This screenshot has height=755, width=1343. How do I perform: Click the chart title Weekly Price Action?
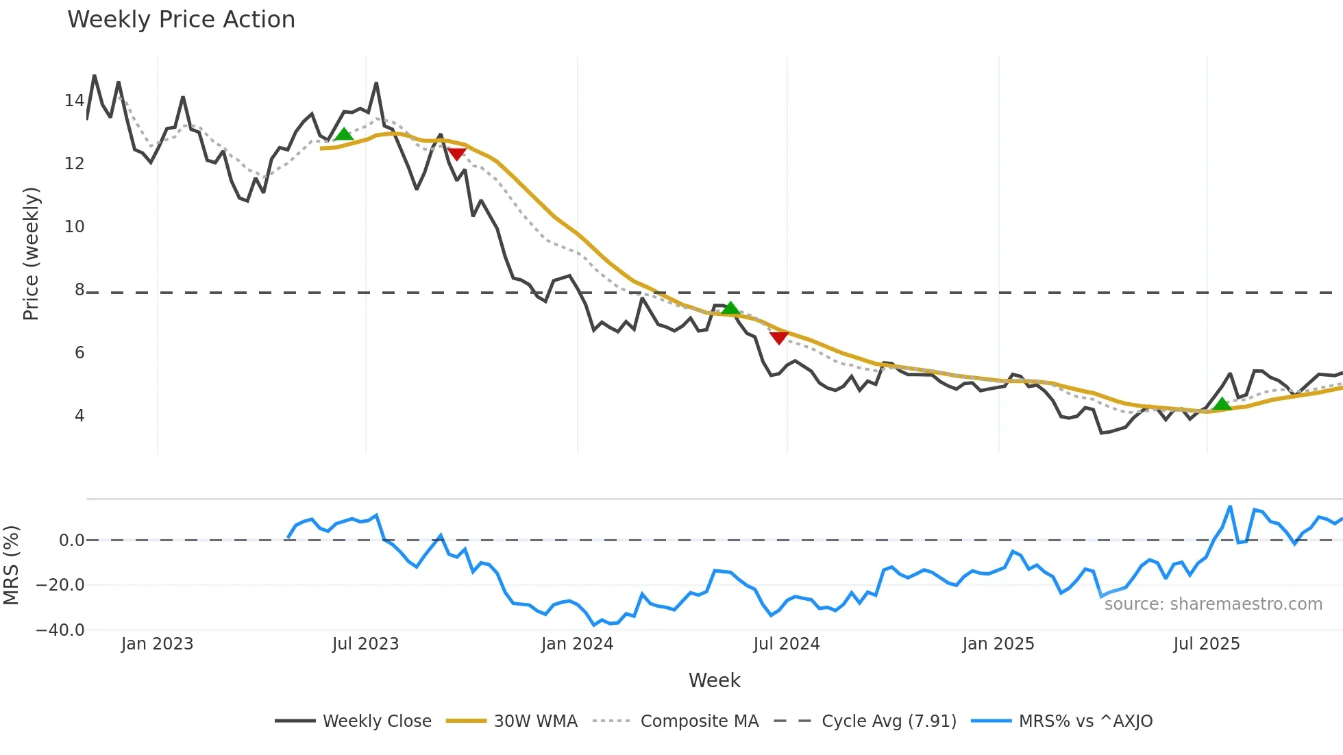click(181, 20)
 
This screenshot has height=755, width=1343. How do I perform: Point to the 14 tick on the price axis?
click(74, 101)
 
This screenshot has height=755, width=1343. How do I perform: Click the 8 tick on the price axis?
click(79, 290)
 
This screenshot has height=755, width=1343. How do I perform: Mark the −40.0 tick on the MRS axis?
click(60, 630)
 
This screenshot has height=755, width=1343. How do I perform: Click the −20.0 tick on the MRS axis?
click(60, 585)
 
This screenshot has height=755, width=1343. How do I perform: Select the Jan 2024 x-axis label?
click(577, 644)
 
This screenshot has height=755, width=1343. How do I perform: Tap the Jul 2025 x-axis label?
click(1206, 644)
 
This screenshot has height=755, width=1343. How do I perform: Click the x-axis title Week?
click(714, 680)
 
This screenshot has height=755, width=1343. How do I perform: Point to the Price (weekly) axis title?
click(31, 253)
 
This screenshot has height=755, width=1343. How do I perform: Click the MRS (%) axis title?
click(11, 565)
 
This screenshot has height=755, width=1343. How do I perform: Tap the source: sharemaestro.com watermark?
click(1213, 604)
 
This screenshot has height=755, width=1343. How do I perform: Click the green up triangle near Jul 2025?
click(1222, 404)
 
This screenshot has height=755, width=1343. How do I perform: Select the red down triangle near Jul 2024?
click(778, 337)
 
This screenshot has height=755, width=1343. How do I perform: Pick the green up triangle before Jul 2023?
click(344, 134)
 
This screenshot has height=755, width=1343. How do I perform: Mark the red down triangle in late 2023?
click(456, 154)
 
